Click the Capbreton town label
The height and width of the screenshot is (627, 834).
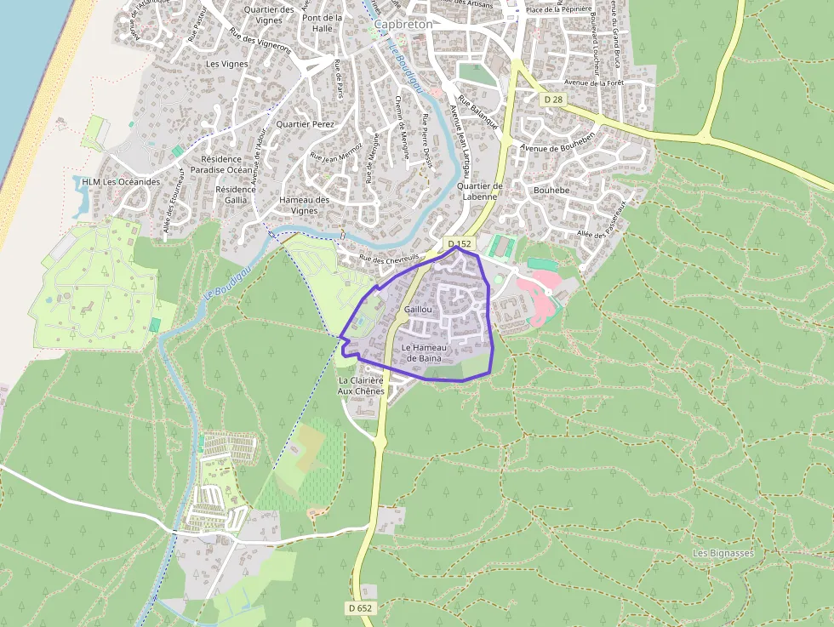(403, 25)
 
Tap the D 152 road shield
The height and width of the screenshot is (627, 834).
(460, 244)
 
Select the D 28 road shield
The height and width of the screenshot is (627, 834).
(552, 100)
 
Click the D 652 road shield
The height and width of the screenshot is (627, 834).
(361, 607)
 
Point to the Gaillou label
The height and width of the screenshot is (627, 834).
(418, 310)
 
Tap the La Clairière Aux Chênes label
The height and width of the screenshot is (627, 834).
(361, 385)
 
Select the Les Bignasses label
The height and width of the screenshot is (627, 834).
(723, 553)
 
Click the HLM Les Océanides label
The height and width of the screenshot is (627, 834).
(121, 182)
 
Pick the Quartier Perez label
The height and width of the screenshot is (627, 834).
(306, 124)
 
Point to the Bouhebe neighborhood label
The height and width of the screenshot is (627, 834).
(551, 191)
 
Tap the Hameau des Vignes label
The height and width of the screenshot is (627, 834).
(304, 205)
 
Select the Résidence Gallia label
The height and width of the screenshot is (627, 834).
(236, 194)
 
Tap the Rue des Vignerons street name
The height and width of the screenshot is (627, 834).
(260, 41)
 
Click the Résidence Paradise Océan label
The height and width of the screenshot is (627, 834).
(221, 164)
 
